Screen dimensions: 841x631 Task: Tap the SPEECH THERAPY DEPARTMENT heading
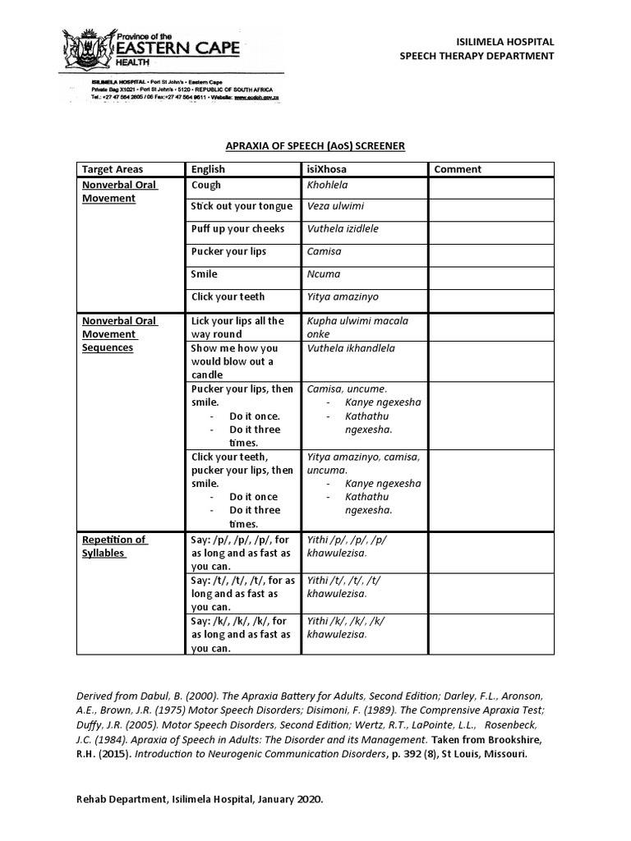point(477,56)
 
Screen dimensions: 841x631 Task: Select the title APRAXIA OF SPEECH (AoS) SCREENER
point(315,145)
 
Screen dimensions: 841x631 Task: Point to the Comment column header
point(458,169)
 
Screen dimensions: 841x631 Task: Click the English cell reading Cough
point(206,186)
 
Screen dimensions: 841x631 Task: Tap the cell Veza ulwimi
point(335,206)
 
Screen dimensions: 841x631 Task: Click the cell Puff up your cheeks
point(237,229)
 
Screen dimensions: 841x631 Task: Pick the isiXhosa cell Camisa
point(324,251)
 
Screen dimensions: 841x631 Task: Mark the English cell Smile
point(205,274)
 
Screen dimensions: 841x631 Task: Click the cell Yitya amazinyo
point(343,296)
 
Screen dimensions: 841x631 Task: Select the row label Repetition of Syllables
point(114,546)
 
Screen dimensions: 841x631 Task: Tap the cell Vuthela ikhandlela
point(351,348)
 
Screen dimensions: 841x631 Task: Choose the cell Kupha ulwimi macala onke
point(357,327)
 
